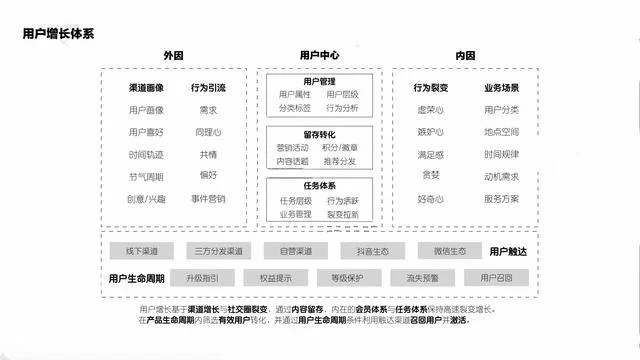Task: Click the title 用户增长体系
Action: tap(58, 33)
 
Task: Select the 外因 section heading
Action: tap(175, 55)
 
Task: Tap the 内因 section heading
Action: tap(464, 55)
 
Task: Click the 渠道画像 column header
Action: tap(146, 88)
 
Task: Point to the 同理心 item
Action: tap(208, 132)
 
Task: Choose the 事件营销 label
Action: tap(208, 198)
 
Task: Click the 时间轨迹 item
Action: tap(146, 154)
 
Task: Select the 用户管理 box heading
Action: tap(319, 80)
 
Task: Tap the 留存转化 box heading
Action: tap(319, 133)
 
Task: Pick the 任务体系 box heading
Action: tap(319, 185)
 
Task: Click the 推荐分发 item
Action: tap(341, 160)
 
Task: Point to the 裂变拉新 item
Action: tap(341, 213)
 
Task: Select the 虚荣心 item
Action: tap(430, 110)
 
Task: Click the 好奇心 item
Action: tap(430, 198)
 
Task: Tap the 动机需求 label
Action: tap(501, 176)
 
